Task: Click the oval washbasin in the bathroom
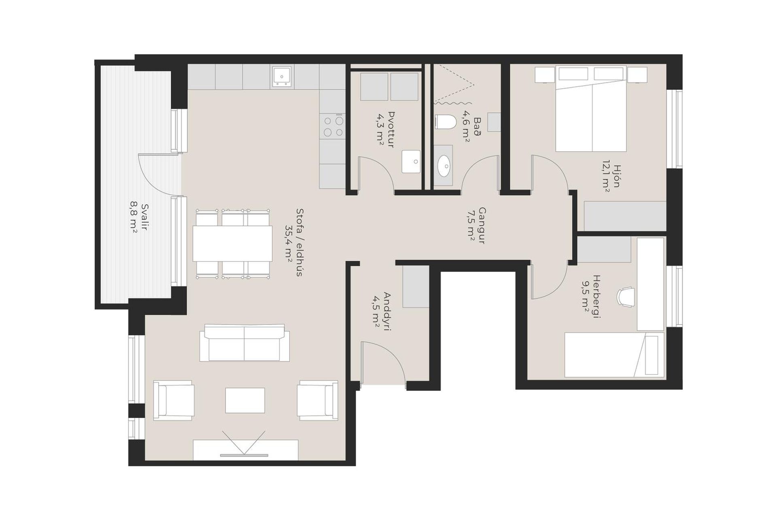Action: coord(444,166)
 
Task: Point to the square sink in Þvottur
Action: coord(411,162)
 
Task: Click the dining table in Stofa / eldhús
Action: coord(233,244)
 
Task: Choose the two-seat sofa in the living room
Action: coord(244,343)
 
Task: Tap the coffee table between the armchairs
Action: coord(245,400)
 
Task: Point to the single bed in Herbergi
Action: coord(614,355)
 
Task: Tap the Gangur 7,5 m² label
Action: coord(477,225)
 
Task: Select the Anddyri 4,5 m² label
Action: coord(382,312)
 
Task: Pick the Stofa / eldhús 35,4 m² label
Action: coord(294,243)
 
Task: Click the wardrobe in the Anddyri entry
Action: coord(416,287)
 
